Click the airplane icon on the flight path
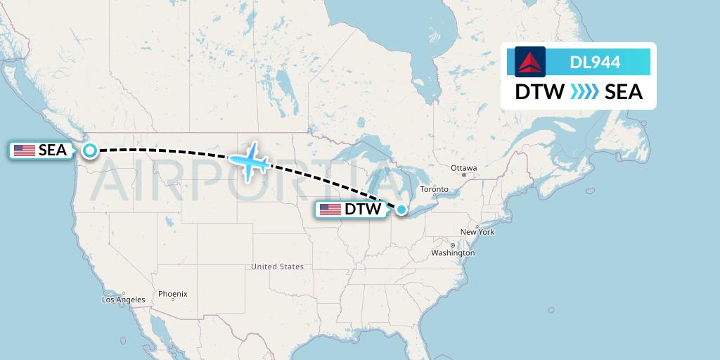click(x=249, y=161)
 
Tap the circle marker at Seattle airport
click(x=90, y=150)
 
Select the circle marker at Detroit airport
click(x=401, y=209)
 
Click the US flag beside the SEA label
click(x=25, y=150)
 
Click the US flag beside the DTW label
click(x=330, y=210)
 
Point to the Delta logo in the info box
click(x=530, y=62)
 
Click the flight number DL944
click(x=595, y=62)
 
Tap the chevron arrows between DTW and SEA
click(x=584, y=92)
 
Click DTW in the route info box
click(x=539, y=92)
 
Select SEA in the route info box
click(x=624, y=92)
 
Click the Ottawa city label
click(x=464, y=168)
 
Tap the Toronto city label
click(x=434, y=190)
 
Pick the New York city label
click(x=477, y=232)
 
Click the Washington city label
click(x=453, y=252)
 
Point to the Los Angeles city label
click(x=123, y=300)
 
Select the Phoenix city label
click(x=173, y=293)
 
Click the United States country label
click(x=278, y=266)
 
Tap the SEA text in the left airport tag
click(x=53, y=150)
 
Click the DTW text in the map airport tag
click(x=362, y=210)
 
